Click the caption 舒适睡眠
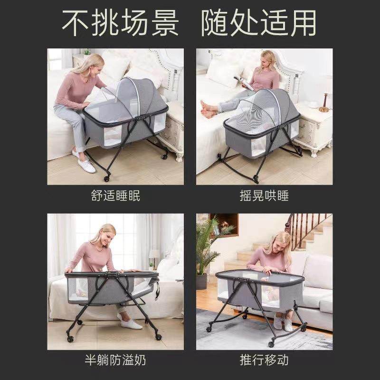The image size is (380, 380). tap(115, 196)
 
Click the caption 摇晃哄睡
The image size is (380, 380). tap(264, 196)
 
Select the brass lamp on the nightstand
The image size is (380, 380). tap(325, 102)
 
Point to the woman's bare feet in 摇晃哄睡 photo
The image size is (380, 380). tap(207, 110)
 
